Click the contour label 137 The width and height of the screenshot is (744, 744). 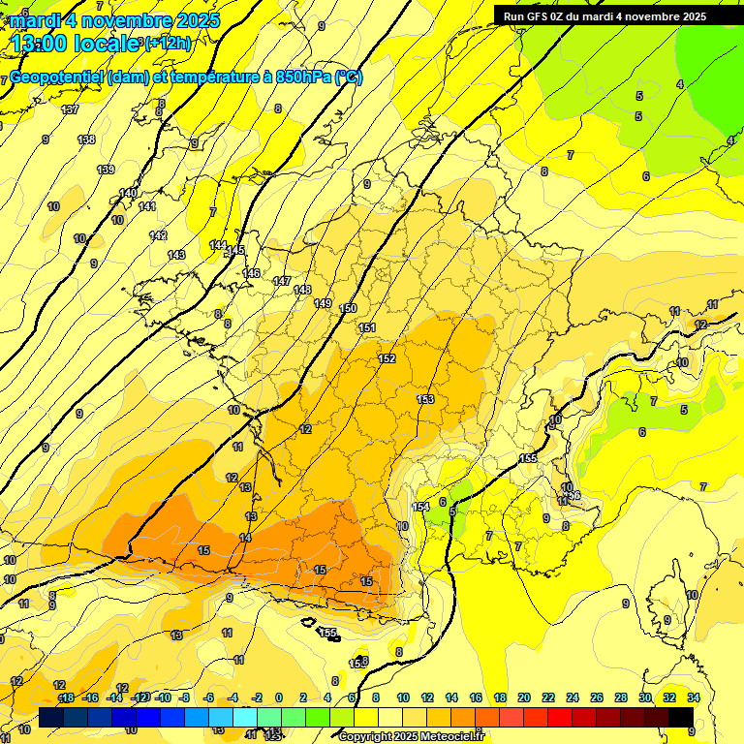pyautogui.click(x=70, y=109)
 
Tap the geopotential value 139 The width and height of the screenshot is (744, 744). pyautogui.click(x=106, y=170)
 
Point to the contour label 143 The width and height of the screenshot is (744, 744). pyautogui.click(x=176, y=255)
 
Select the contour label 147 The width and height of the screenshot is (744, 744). pyautogui.click(x=281, y=281)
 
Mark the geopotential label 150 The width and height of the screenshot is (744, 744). pyautogui.click(x=349, y=308)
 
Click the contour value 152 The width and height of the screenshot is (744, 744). pyautogui.click(x=387, y=359)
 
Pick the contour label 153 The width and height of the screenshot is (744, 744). pyautogui.click(x=425, y=399)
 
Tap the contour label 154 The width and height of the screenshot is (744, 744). pyautogui.click(x=421, y=507)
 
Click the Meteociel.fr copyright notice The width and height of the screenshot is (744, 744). pyautogui.click(x=411, y=736)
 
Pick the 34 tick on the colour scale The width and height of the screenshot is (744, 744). pyautogui.click(x=694, y=697)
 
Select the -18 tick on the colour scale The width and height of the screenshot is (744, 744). pyautogui.click(x=66, y=697)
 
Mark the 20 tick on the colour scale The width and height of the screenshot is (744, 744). pyautogui.click(x=523, y=697)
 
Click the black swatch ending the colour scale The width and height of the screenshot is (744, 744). pyautogui.click(x=680, y=717)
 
